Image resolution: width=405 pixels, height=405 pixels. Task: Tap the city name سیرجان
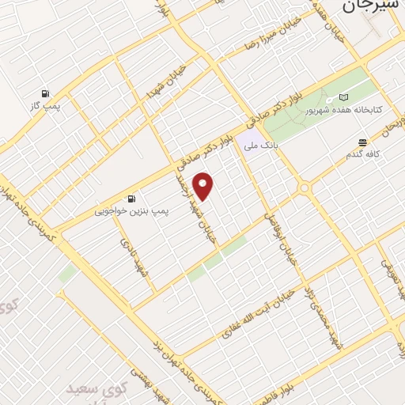370,7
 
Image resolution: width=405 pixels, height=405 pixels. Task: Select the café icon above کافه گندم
362,142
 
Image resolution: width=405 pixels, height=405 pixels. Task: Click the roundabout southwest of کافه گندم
304,188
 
